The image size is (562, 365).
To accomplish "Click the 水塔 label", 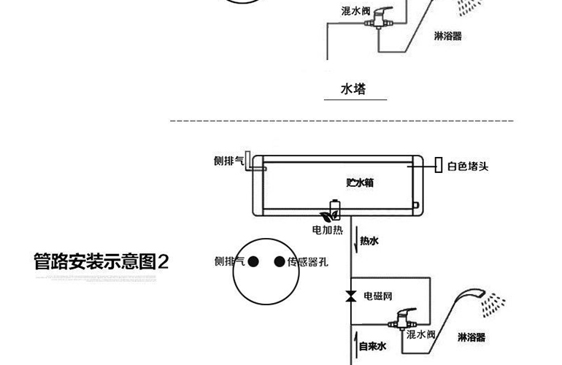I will tap(353, 89).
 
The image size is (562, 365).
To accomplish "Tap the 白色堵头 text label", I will tap(468, 166).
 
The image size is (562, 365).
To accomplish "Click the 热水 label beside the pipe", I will tap(370, 241).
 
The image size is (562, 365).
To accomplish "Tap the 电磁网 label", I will tap(378, 296).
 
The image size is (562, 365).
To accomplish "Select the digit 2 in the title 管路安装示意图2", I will tap(163, 261).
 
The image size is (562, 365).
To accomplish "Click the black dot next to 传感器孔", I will tap(279, 262).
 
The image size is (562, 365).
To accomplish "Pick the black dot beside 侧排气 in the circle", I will tap(253, 262).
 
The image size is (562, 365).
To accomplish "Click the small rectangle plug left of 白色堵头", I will tap(438, 165).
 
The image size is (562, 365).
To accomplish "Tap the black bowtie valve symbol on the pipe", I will tap(350, 296).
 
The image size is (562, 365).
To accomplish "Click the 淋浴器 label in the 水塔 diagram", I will tap(447, 36).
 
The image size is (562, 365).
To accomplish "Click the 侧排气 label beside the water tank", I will tap(228, 161).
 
